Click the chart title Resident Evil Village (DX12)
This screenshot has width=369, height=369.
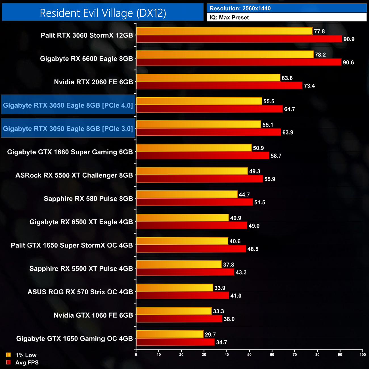(x=103, y=13)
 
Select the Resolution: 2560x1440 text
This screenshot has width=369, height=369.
(x=240, y=9)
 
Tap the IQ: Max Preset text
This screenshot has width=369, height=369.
(x=229, y=18)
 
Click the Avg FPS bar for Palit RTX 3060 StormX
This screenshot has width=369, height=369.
(x=239, y=39)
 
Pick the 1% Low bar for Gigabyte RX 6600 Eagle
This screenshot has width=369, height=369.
(x=225, y=54)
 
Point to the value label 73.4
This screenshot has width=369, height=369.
(x=309, y=86)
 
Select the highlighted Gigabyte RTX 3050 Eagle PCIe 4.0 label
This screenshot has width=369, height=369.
(x=68, y=105)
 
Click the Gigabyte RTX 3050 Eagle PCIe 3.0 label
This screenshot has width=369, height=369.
(x=68, y=129)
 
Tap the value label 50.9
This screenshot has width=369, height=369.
(x=258, y=148)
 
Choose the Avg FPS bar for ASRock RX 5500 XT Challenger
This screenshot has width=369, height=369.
(x=200, y=179)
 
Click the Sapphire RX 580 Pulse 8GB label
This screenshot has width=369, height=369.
(x=88, y=198)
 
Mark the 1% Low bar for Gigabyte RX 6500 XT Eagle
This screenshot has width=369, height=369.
(x=183, y=218)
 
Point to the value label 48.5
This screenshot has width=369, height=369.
(x=253, y=249)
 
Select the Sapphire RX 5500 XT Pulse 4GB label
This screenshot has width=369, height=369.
(x=81, y=269)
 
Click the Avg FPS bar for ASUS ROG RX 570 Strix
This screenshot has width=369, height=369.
(x=183, y=295)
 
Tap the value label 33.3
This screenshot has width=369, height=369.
(x=218, y=311)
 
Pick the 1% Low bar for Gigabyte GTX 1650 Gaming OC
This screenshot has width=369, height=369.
(x=170, y=334)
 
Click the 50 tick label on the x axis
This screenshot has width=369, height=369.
(x=249, y=354)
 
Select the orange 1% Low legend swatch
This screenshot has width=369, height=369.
(x=9, y=355)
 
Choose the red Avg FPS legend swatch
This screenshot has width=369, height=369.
(x=9, y=362)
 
